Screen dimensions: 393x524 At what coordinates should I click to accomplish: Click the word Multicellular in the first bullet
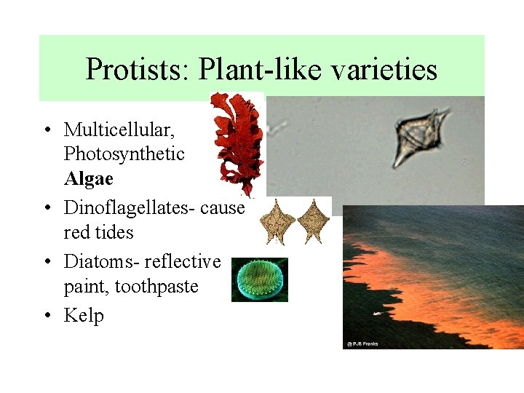pyautogui.click(x=119, y=130)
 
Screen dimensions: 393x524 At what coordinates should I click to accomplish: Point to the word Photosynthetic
pyautogui.click(x=124, y=154)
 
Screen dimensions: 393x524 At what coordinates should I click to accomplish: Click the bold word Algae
pyautogui.click(x=88, y=179)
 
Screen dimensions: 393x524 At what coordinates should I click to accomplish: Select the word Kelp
pyautogui.click(x=83, y=315)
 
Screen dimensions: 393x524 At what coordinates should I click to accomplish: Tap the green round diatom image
pyautogui.click(x=260, y=279)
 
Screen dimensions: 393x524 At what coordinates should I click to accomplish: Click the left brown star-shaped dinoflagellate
pyautogui.click(x=277, y=221)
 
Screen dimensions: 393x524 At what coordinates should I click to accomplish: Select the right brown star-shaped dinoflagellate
pyautogui.click(x=314, y=221)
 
